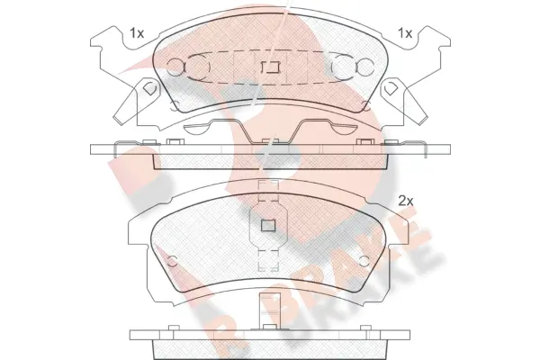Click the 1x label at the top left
coord(137,32)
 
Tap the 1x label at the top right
coord(405,32)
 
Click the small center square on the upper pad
coord(266,67)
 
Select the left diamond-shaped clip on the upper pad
coord(144,92)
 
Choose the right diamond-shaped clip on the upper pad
coord(393,92)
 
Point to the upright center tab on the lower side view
coord(266,313)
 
